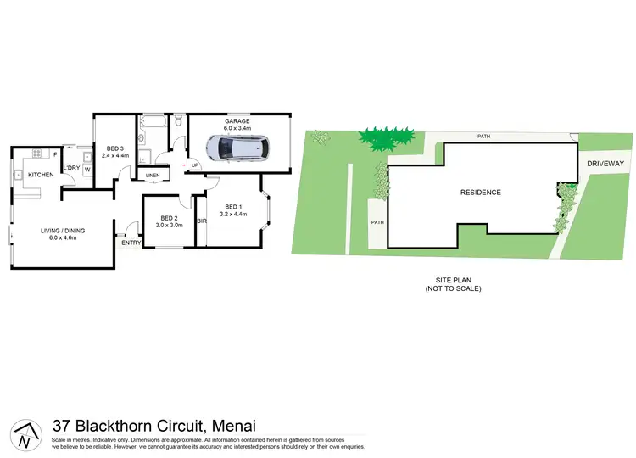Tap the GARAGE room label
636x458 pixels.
(237, 121)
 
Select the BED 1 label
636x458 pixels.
(233, 207)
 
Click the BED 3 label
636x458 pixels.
(115, 147)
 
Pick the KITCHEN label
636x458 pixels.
(41, 175)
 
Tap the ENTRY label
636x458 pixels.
(131, 243)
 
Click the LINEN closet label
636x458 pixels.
(153, 176)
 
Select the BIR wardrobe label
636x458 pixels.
(202, 221)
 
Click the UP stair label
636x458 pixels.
(195, 165)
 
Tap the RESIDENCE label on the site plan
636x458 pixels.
(481, 193)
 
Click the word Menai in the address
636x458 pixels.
(230, 426)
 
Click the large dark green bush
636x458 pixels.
(387, 135)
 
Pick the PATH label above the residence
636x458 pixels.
(484, 136)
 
